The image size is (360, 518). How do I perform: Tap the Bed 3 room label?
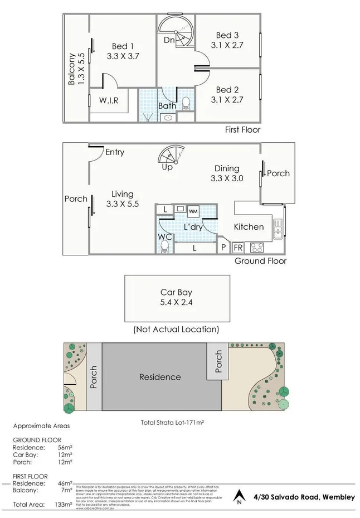coord(227,35)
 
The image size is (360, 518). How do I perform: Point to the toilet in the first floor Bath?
coord(186,103)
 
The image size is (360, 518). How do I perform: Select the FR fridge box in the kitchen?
coord(238,247)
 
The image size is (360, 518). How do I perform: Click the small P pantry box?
coord(223,247)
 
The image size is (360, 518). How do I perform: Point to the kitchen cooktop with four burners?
coord(258,246)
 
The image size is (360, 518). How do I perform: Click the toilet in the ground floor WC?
coord(164,248)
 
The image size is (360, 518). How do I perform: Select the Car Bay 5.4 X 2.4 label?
coord(176,298)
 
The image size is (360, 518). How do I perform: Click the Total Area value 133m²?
coord(65,504)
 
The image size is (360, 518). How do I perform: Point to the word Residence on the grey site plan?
coord(160,377)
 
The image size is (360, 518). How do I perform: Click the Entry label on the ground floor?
coord(114,152)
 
